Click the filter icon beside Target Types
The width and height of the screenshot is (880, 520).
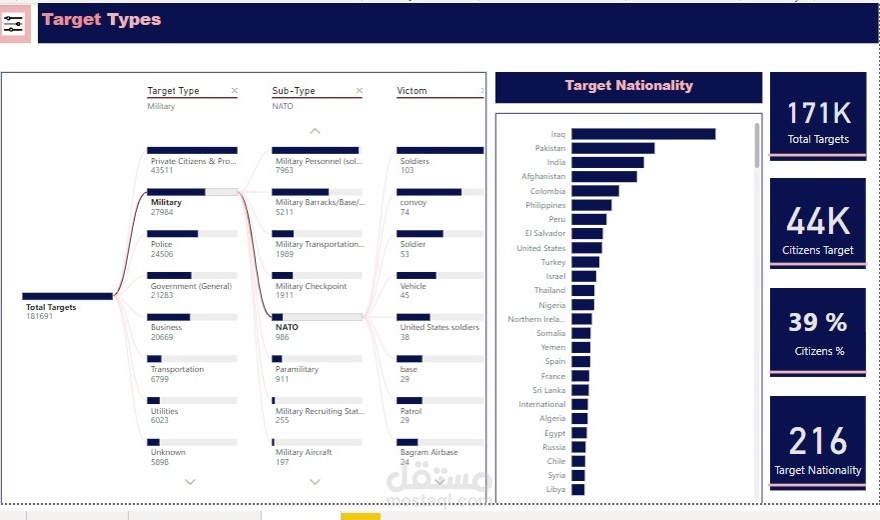(x=14, y=24)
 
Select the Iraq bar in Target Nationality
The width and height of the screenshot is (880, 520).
(x=642, y=134)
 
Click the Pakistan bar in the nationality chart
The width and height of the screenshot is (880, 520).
(x=612, y=148)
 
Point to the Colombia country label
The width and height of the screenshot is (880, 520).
(x=547, y=191)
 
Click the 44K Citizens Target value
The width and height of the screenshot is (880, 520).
(x=817, y=221)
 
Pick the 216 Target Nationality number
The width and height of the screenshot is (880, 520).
(x=817, y=440)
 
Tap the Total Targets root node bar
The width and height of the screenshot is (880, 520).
(x=67, y=296)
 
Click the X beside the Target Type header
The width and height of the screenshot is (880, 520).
(x=235, y=91)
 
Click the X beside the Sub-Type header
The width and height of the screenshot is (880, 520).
(x=360, y=91)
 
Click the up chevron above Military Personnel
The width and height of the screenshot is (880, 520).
(x=316, y=131)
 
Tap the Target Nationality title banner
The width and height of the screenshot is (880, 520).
(x=628, y=86)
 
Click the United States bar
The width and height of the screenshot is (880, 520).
(x=586, y=248)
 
